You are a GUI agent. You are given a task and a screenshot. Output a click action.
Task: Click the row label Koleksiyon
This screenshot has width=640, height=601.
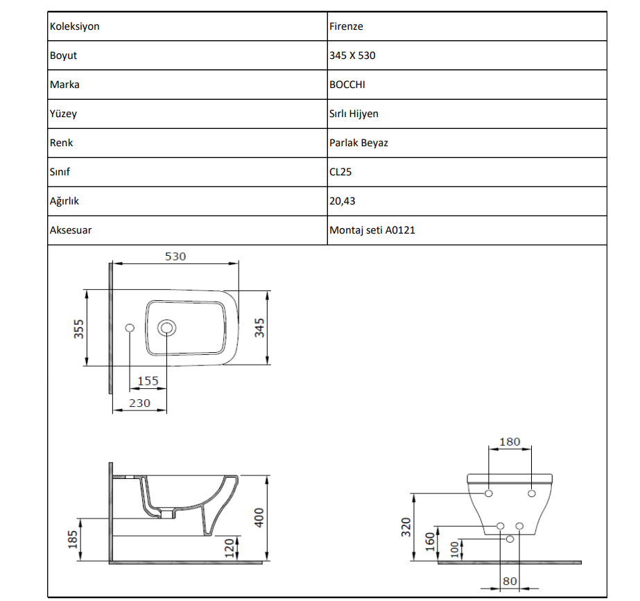tap(75, 26)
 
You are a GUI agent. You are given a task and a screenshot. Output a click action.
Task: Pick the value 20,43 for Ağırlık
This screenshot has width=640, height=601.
tap(343, 201)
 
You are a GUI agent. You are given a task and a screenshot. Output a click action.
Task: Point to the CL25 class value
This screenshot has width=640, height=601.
tap(340, 172)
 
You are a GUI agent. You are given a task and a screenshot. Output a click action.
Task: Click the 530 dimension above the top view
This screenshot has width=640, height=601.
tap(175, 256)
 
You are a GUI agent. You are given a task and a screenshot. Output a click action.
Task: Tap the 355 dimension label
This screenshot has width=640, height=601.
tap(78, 329)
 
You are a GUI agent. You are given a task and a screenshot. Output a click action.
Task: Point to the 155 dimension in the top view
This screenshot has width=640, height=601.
tap(148, 381)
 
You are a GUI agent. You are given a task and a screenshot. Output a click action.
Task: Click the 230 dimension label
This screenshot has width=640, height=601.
tap(139, 403)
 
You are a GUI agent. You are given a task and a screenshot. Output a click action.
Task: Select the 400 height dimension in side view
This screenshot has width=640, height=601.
tap(259, 517)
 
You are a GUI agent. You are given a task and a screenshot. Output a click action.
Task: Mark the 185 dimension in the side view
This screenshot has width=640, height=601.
tap(73, 539)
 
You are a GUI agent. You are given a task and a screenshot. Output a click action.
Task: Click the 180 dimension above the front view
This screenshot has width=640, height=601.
tap(510, 442)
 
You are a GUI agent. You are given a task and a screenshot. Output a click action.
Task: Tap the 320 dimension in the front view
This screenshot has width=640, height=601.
tap(406, 527)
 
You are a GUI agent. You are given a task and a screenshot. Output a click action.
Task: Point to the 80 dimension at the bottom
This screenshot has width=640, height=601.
tap(510, 581)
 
